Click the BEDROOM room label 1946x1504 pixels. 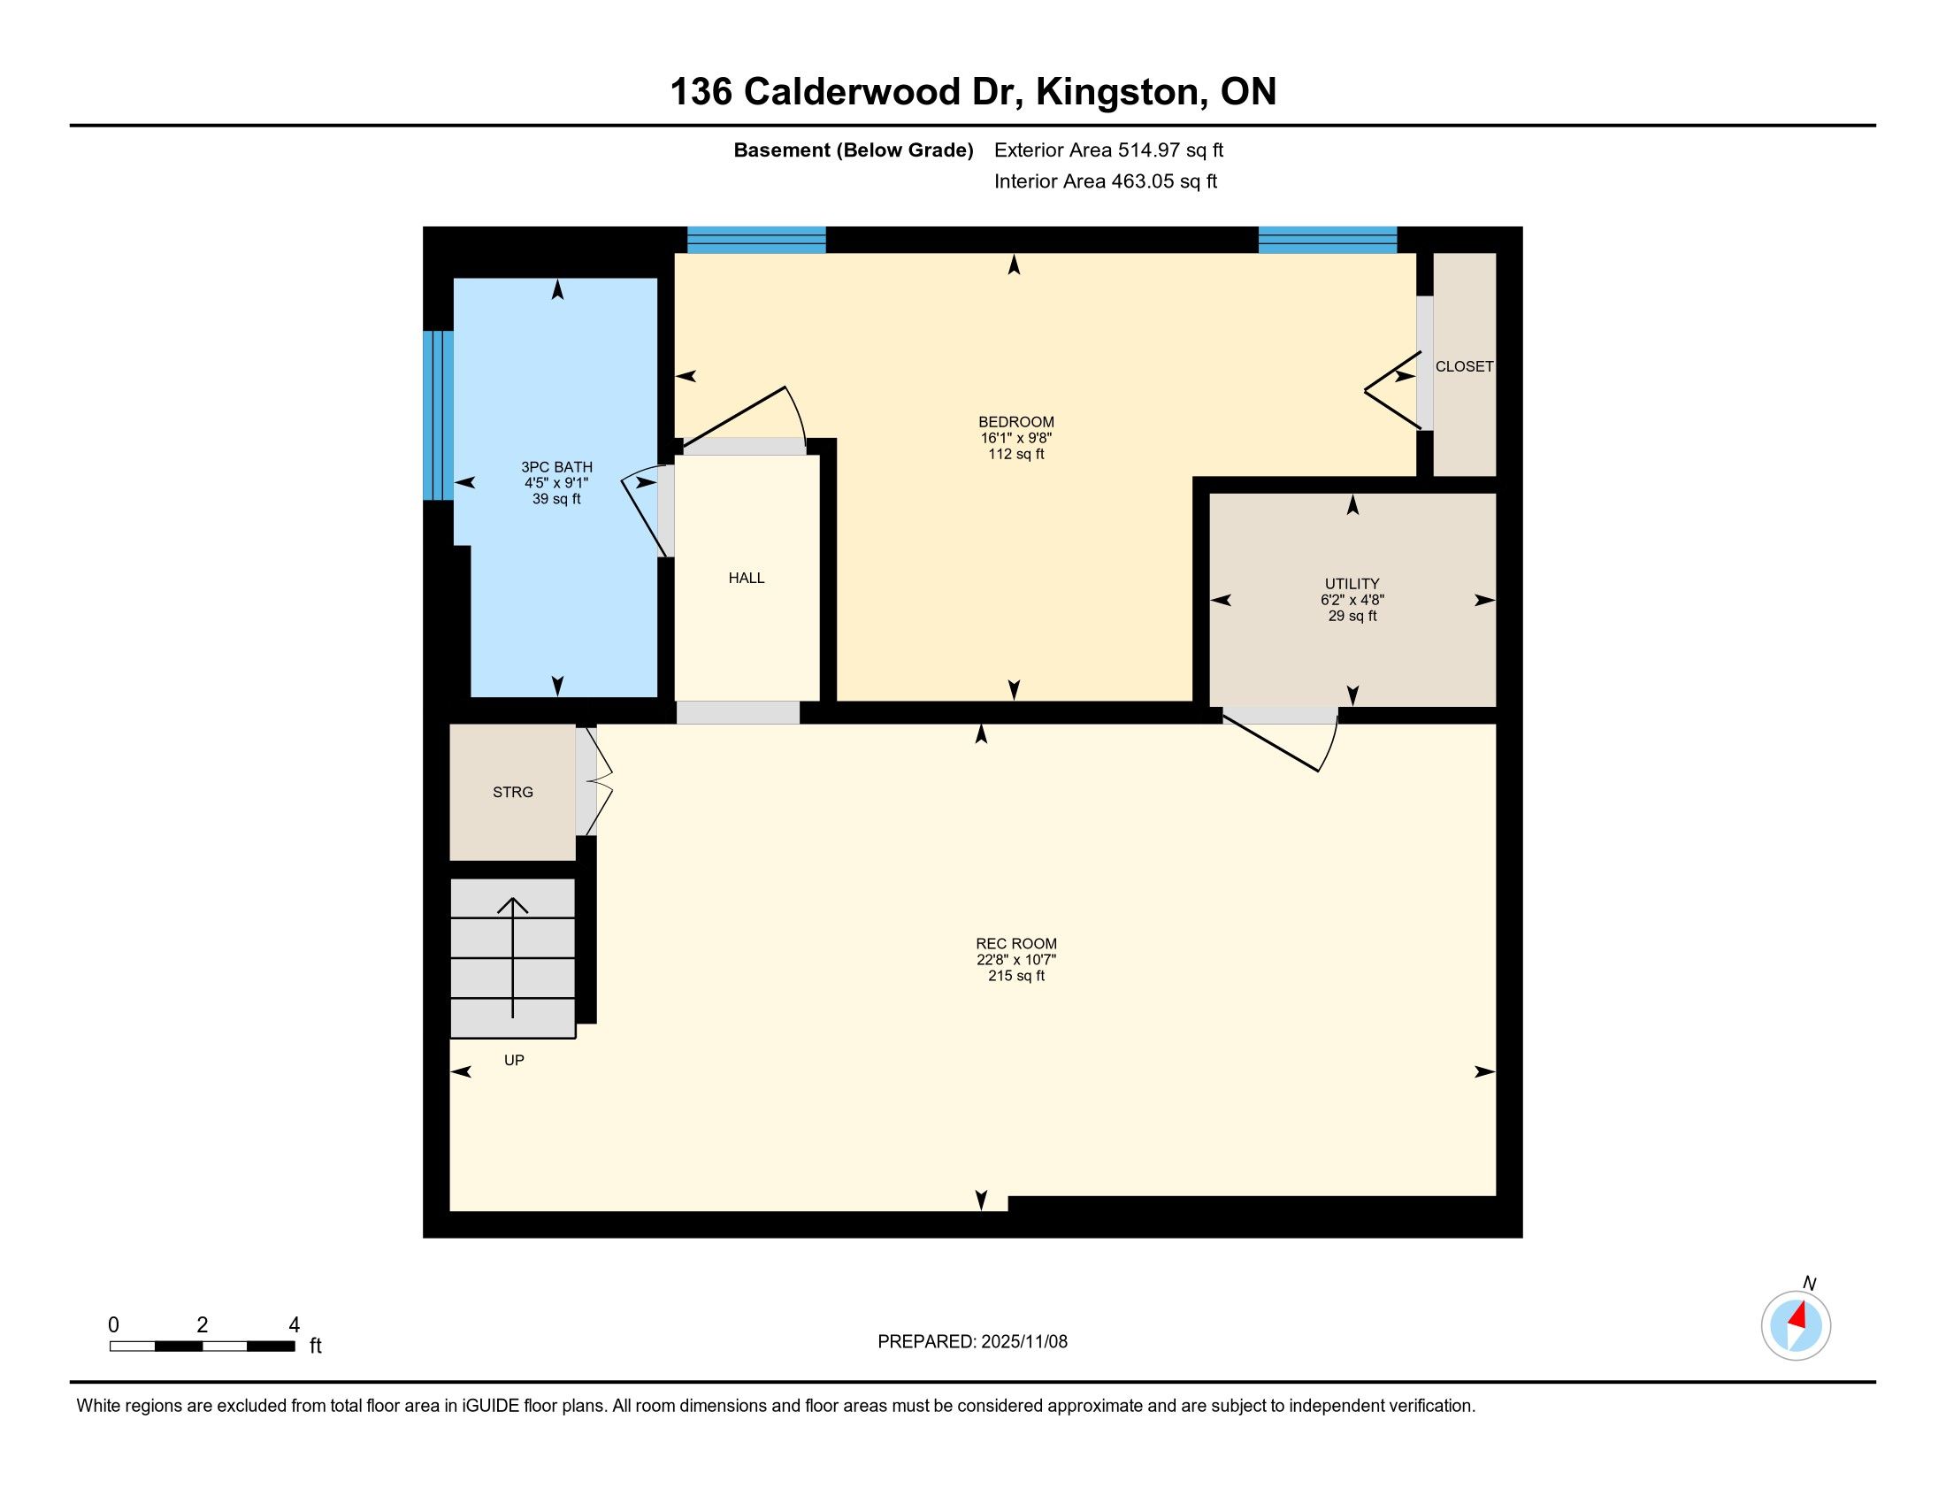click(1015, 421)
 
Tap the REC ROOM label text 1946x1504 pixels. click(1015, 944)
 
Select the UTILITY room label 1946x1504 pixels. click(1352, 585)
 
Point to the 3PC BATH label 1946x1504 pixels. click(557, 467)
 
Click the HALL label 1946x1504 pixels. click(747, 579)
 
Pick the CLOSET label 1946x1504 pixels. click(1464, 366)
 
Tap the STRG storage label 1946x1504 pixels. click(513, 792)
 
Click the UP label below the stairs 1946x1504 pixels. click(514, 1060)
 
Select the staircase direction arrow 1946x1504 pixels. click(512, 957)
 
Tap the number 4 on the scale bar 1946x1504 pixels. click(294, 1325)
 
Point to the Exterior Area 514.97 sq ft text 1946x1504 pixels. click(1108, 150)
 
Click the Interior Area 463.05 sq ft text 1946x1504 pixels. click(1105, 181)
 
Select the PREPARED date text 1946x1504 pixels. click(972, 1342)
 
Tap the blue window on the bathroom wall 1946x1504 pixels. click(438, 415)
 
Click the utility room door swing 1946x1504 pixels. click(1282, 739)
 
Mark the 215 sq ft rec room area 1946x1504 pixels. click(1015, 976)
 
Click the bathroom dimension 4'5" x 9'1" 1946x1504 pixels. click(557, 483)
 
